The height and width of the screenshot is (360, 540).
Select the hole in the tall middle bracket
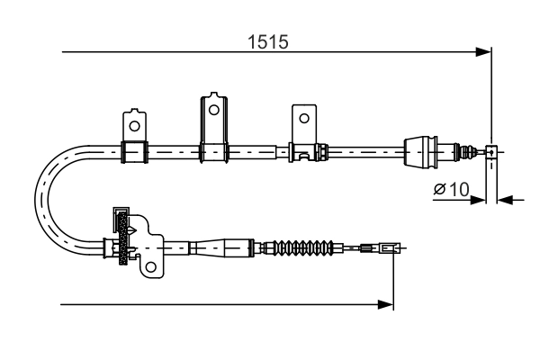[x=213, y=110]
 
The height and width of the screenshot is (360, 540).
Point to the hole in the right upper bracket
[x=304, y=118]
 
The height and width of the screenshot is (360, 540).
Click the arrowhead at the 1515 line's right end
[x=485, y=52]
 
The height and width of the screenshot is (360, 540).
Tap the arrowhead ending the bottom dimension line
[x=388, y=305]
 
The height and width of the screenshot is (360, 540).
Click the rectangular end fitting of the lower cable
[x=388, y=247]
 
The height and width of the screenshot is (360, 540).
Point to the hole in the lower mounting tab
[x=150, y=265]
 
